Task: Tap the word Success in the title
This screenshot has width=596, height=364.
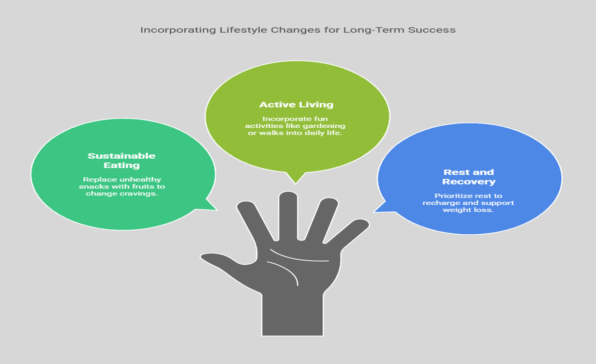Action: [431, 30]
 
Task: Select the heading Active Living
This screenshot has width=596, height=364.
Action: [296, 104]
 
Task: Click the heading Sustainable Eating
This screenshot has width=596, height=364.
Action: [122, 160]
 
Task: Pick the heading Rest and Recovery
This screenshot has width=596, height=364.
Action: [469, 177]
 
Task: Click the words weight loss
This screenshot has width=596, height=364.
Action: [469, 210]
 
